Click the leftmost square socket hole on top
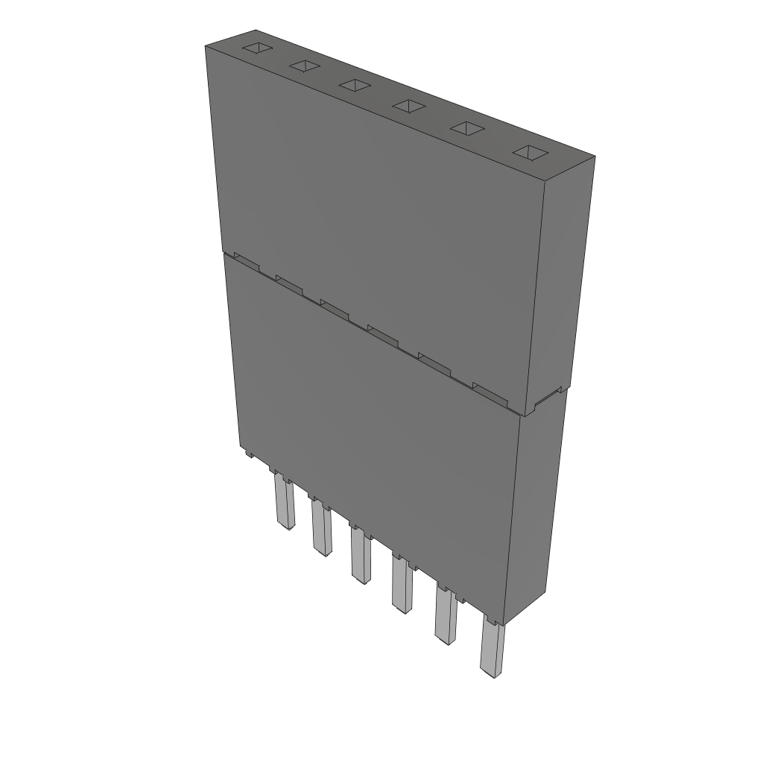pos(256,49)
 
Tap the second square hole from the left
pos(304,67)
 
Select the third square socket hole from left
pos(355,86)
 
